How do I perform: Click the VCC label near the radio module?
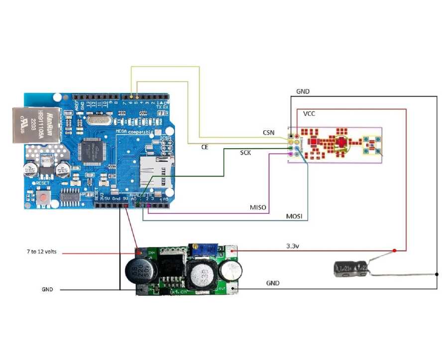(x=309, y=114)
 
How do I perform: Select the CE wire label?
(x=205, y=147)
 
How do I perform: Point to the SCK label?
(x=245, y=153)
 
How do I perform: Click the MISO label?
(x=258, y=207)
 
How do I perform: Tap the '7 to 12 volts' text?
(x=42, y=252)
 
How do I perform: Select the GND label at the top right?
(x=303, y=91)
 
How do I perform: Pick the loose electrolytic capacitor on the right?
(x=351, y=269)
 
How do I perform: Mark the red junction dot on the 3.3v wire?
(x=394, y=250)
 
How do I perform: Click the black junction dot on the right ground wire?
(x=437, y=274)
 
